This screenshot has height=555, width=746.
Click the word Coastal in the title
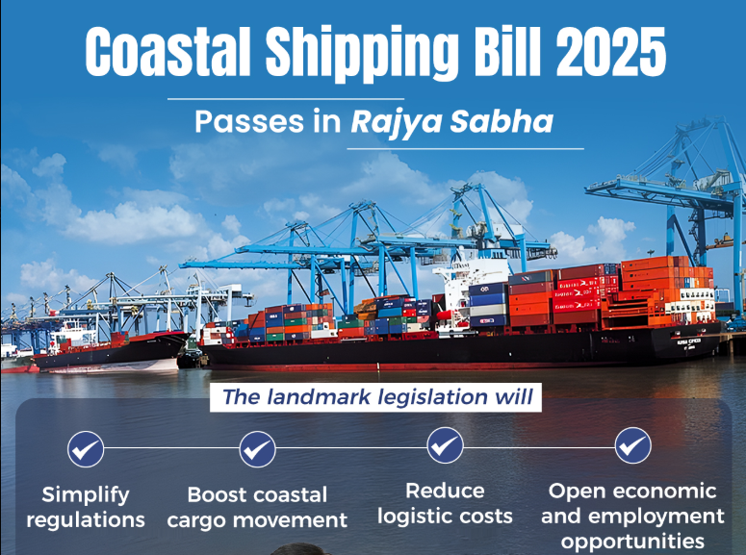167,52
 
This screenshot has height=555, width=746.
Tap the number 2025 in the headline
610,52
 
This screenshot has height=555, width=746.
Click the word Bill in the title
507,52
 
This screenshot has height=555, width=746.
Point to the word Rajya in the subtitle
397,123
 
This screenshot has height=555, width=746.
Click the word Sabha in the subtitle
502,121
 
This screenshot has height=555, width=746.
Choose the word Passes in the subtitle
249,122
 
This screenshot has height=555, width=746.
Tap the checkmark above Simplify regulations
86,449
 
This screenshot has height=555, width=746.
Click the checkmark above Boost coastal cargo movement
257,449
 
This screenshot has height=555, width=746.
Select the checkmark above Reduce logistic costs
446,445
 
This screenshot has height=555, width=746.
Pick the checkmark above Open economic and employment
633,445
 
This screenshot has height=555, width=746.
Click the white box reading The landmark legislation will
375,397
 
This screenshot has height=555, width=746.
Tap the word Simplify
86,496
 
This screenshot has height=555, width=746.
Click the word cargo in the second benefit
197,521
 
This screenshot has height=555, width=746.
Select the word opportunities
632,542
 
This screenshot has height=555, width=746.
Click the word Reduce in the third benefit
445,491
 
